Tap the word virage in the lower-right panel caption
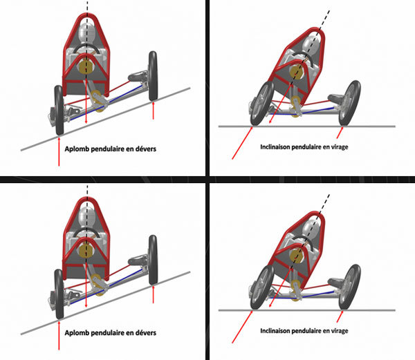340,331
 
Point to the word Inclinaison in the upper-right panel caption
274,146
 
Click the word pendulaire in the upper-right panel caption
302,146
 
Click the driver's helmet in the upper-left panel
87,34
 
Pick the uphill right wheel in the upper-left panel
153,76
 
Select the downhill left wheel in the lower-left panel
59,294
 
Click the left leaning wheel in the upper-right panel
261,104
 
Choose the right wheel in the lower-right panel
349,287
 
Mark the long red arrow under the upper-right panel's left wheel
242,143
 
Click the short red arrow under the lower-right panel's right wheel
340,316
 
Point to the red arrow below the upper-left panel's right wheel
153,111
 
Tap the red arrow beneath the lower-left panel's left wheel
59,335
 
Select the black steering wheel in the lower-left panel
86,232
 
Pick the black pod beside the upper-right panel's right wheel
336,98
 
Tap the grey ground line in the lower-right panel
306,310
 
